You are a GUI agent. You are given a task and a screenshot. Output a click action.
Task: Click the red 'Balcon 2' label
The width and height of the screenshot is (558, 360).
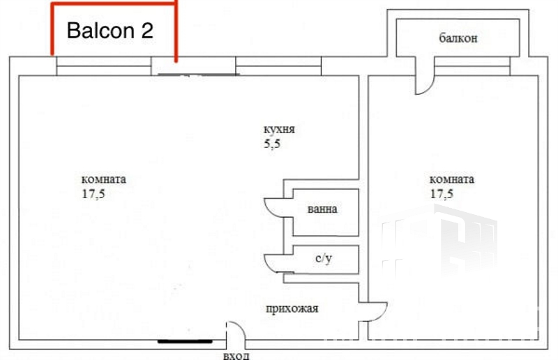[110, 30]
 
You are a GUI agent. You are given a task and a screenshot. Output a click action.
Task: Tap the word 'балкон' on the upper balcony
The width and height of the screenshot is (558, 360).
[458, 38]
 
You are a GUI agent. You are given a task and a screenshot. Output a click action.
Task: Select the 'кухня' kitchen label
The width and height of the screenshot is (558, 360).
[280, 129]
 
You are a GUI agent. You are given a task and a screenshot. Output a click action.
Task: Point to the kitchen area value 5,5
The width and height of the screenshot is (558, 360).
[272, 144]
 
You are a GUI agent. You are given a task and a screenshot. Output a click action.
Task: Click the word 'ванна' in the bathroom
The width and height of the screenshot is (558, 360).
[322, 209]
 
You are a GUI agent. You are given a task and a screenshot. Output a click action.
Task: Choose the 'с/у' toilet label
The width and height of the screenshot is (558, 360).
[324, 258]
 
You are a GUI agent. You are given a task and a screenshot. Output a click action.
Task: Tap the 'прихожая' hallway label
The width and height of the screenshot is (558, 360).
[292, 308]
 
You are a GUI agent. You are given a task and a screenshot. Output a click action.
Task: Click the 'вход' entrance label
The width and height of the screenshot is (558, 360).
[236, 355]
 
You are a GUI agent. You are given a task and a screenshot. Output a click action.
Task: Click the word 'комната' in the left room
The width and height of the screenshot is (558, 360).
[103, 179]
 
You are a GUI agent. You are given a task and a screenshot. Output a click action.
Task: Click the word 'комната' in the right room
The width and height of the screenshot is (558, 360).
[452, 179]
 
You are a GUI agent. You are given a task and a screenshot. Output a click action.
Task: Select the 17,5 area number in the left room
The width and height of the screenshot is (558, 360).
[93, 194]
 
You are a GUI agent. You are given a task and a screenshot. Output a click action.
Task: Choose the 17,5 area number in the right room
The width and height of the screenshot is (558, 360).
[442, 194]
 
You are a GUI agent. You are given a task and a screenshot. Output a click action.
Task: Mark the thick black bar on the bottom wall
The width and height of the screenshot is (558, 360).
[185, 341]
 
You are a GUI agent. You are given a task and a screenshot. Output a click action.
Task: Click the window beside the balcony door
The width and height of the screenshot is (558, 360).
[473, 66]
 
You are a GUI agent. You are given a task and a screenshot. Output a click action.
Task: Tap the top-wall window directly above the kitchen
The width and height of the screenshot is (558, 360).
[278, 66]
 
